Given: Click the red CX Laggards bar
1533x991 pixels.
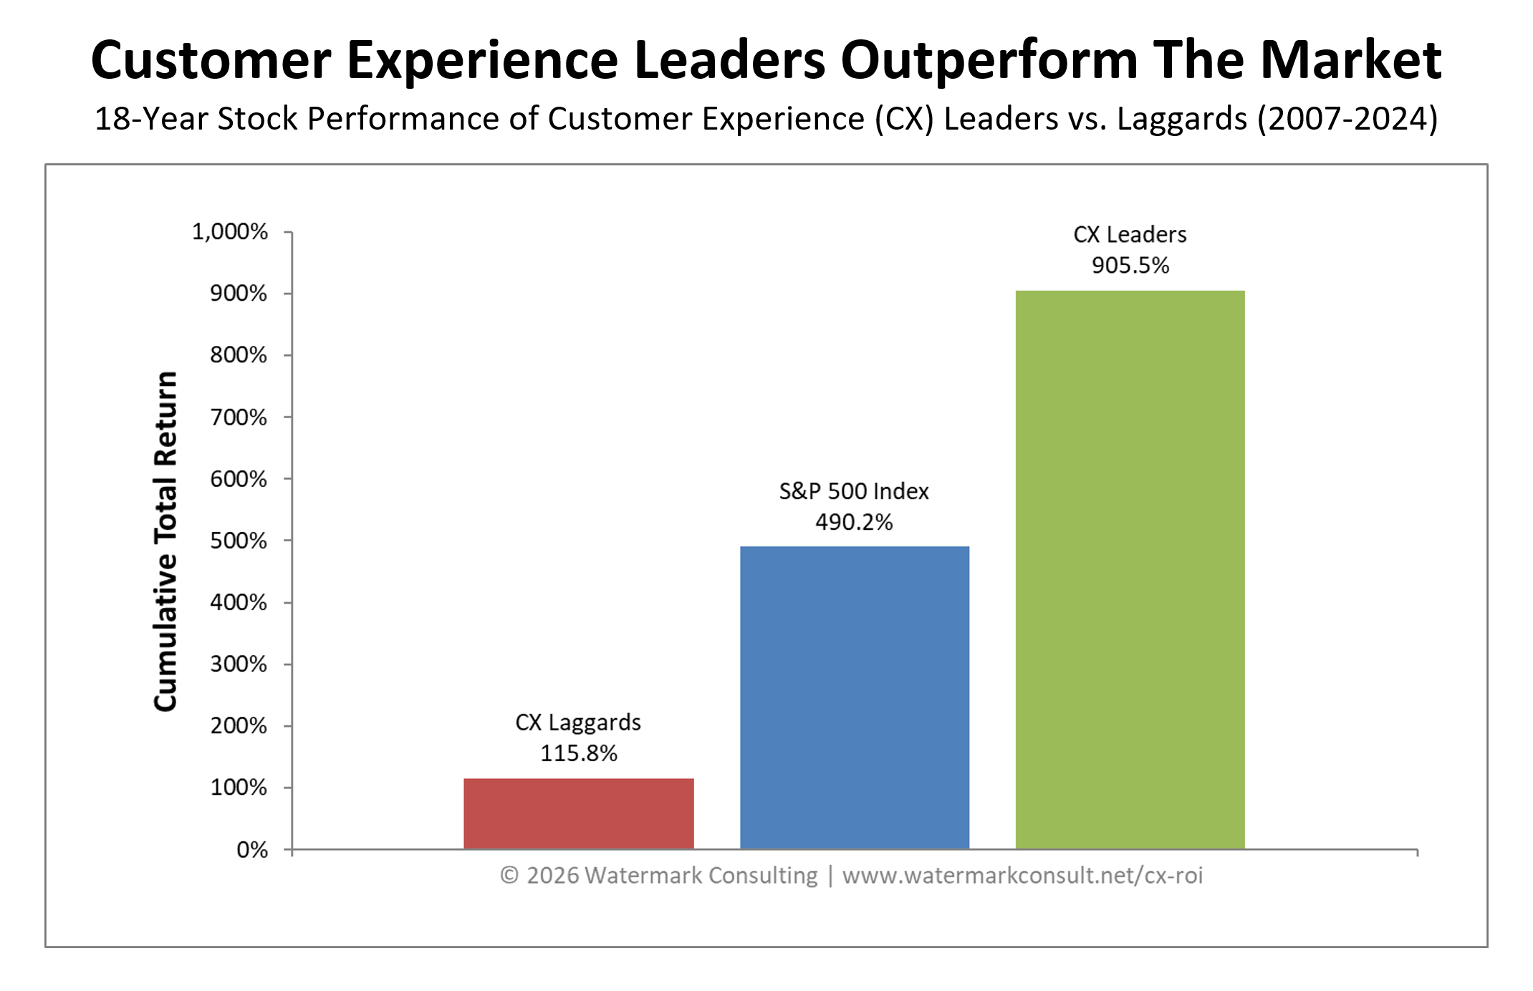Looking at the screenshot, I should (578, 813).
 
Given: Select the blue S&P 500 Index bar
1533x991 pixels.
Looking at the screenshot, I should (854, 698).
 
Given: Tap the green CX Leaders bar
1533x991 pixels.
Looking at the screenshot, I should (1130, 569).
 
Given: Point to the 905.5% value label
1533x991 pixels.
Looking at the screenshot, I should (1130, 266).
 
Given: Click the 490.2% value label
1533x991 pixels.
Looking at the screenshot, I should (854, 522).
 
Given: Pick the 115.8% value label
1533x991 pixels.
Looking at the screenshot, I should (578, 753).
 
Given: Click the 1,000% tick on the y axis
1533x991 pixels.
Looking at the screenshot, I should (230, 232).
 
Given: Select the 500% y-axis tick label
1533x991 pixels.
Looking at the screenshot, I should (239, 541).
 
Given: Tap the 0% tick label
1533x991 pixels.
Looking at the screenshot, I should (252, 850).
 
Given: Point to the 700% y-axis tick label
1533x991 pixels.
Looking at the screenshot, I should (239, 417).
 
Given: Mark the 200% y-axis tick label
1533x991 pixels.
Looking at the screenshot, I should (239, 726).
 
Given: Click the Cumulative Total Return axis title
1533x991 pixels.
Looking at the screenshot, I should (165, 541).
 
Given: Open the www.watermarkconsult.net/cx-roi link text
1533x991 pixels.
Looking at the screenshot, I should (1022, 876).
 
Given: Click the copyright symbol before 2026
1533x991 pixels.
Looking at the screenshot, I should (509, 876).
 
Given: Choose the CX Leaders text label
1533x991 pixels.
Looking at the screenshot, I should (1130, 235).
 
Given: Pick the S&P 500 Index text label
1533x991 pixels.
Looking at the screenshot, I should (854, 491).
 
